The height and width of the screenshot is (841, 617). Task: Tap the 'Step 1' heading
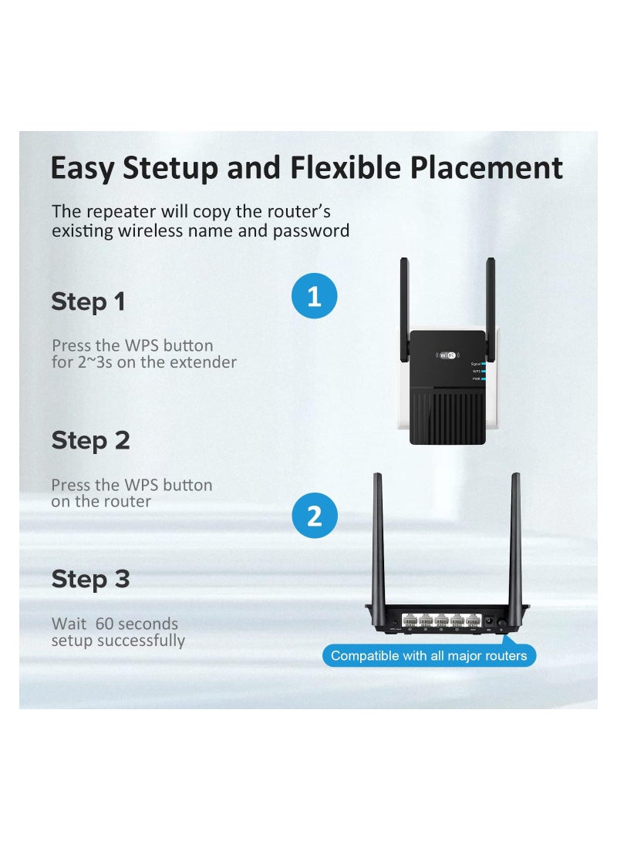[88, 302]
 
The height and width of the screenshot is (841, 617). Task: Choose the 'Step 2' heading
[90, 441]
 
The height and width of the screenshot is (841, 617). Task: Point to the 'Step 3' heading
[90, 580]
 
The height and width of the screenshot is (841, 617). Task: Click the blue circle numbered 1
[314, 297]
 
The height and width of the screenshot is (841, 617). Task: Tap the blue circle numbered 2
[315, 516]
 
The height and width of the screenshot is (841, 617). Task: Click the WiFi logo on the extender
[448, 355]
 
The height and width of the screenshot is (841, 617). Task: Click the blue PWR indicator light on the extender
[483, 378]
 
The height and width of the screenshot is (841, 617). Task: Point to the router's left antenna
[379, 540]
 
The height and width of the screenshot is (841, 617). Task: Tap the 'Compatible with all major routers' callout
[429, 656]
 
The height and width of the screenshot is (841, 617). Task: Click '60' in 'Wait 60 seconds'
[108, 624]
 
